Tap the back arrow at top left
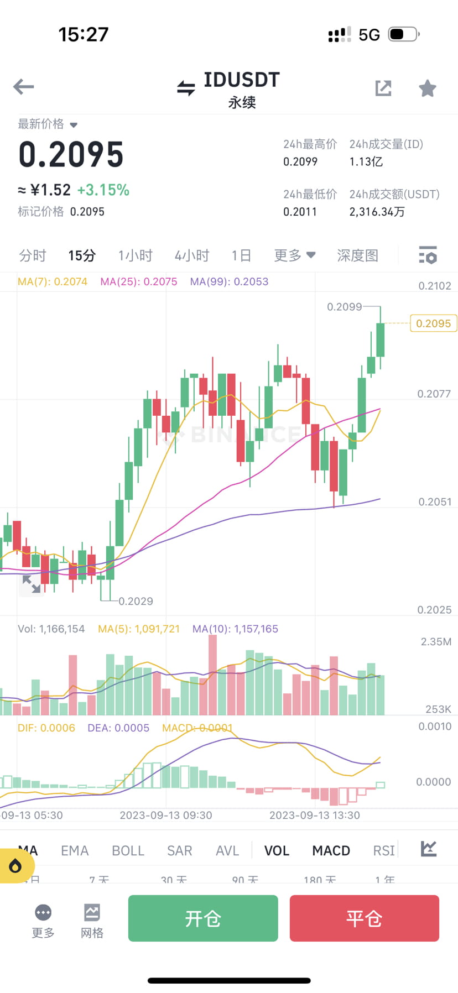pos(24,87)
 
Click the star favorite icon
pos(427,88)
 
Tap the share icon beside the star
pos(383,88)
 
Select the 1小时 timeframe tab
pos(135,255)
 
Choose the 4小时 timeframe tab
pos(192,255)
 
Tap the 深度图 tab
pos(357,255)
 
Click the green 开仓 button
pos(203,918)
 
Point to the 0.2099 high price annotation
pos(344,307)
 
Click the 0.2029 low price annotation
pos(136,601)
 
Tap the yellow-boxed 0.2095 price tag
pos(433,323)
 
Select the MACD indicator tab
pos(331,850)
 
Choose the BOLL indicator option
pos(128,850)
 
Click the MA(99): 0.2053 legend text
pos(229,281)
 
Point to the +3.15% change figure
pos(103,190)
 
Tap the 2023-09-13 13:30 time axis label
pos(314,815)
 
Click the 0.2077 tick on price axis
pos(434,394)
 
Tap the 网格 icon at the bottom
pos(92,921)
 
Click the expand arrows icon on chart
pos(32,584)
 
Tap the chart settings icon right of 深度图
pos(428,255)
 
